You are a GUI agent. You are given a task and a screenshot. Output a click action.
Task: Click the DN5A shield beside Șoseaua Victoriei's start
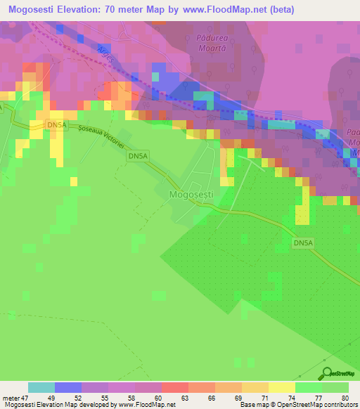pyautogui.click(x=56, y=124)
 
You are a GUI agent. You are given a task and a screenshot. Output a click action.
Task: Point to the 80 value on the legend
pyautogui.click(x=345, y=397)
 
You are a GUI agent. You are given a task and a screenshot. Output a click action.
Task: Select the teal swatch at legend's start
pyautogui.click(x=41, y=387)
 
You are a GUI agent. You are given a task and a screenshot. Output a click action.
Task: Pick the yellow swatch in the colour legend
pyautogui.click(x=281, y=387)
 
